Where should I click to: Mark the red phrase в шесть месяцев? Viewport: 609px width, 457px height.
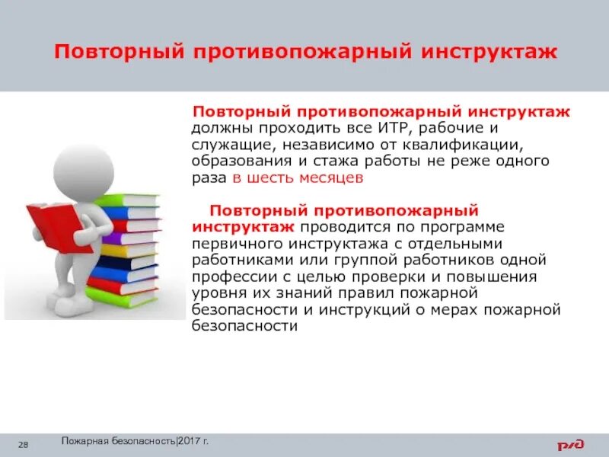tap(298, 178)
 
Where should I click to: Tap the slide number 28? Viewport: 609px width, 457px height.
tap(24, 444)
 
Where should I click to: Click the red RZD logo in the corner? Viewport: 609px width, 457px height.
tap(576, 443)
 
